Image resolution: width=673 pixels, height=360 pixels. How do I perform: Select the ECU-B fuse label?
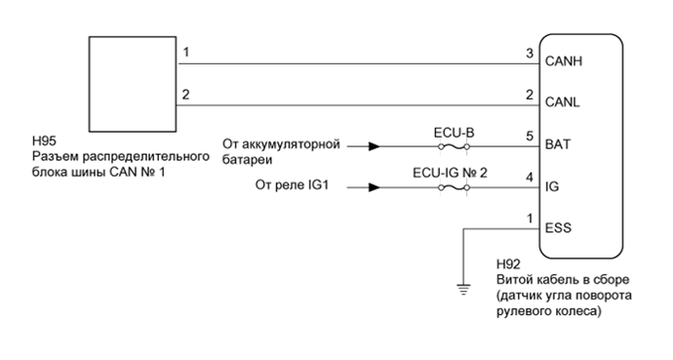pos(453,131)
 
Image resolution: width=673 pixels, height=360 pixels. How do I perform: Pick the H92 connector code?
pos(507,265)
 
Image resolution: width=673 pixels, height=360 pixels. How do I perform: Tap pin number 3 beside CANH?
pos(529,53)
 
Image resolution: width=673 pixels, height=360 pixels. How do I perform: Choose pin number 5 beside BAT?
pos(529,137)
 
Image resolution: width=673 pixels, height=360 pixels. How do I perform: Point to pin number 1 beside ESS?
pos(529,218)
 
